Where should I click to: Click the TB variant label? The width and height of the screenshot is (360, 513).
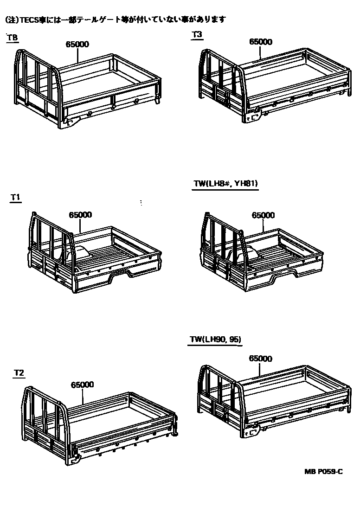(x=13, y=37)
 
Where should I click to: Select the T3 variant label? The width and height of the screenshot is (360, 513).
(x=197, y=34)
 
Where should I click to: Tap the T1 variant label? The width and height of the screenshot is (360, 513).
(x=16, y=198)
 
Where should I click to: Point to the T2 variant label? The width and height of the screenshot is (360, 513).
(x=19, y=372)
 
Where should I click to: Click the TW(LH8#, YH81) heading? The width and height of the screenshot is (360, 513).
(x=225, y=183)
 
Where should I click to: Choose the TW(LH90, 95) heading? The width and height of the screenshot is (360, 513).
(x=215, y=340)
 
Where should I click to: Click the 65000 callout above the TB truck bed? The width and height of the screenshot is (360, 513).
(x=77, y=45)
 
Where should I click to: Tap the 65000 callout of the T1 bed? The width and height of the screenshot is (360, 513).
(x=80, y=215)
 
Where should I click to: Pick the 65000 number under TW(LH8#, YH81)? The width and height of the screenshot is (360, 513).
(x=263, y=215)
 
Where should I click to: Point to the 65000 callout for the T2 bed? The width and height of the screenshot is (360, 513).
(x=83, y=385)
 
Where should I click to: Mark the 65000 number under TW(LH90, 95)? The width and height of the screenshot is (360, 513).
(x=260, y=359)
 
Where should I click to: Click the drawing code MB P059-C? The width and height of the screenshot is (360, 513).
(x=324, y=472)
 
